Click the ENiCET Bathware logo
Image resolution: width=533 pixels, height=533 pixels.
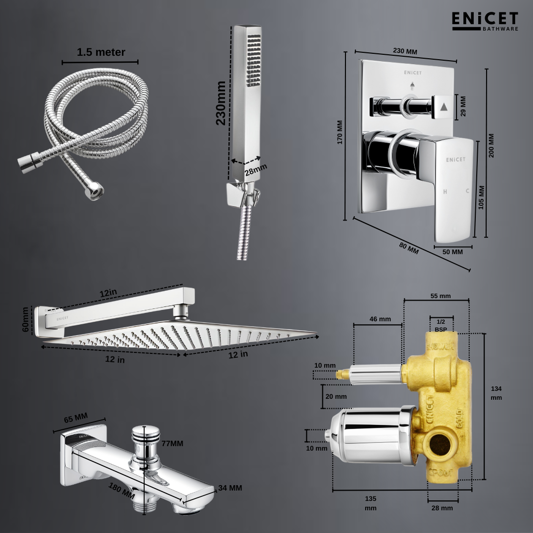click(485, 21)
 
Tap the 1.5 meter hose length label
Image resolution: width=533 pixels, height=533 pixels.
click(101, 52)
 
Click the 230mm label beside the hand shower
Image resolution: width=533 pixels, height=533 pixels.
click(221, 103)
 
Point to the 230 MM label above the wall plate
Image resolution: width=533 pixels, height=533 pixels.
click(405, 51)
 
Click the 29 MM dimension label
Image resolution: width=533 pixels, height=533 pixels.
click(462, 105)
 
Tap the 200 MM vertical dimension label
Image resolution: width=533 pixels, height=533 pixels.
click(492, 146)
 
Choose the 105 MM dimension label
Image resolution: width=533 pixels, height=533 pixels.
click(482, 197)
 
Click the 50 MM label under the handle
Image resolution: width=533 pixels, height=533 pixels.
click(452, 252)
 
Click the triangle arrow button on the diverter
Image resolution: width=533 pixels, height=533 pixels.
click(444, 106)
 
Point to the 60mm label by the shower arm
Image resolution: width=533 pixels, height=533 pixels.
click(26, 319)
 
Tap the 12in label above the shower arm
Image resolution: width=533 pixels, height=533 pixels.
click(108, 293)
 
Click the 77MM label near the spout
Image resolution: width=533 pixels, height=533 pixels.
click(172, 443)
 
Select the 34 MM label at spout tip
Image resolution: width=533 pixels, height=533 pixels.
click(230, 488)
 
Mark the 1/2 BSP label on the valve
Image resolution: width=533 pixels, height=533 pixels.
click(441, 324)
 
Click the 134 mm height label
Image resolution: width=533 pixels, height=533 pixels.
click(496, 393)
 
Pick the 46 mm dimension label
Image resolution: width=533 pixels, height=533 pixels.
click(380, 319)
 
